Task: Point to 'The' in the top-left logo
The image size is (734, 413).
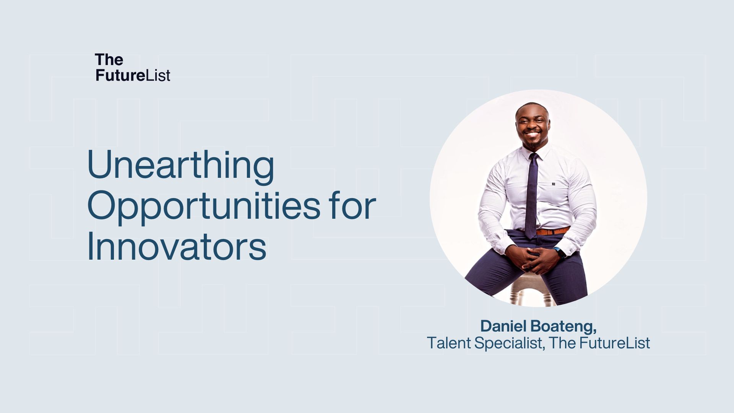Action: coord(109,60)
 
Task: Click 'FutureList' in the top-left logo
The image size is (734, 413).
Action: coord(133,75)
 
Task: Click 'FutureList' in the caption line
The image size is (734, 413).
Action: coord(614,343)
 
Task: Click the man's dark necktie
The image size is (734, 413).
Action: coord(531,195)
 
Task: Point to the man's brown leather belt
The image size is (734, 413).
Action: coord(553,231)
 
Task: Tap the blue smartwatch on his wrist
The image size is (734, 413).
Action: coord(559,252)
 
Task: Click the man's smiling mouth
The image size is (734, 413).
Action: coord(532,135)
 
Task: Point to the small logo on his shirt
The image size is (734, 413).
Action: coord(553,184)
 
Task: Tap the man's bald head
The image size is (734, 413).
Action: coord(531,108)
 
